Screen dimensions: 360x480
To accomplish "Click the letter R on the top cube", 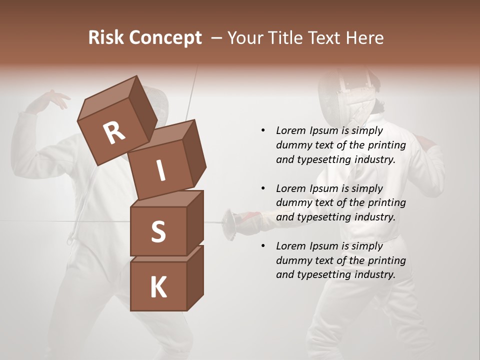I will pyautogui.click(x=114, y=133).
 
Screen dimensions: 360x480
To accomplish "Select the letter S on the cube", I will pyautogui.click(x=158, y=232).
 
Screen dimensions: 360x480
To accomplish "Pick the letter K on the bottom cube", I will pyautogui.click(x=158, y=287).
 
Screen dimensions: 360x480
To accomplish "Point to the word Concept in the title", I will pyautogui.click(x=165, y=38).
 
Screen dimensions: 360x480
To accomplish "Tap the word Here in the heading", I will pyautogui.click(x=363, y=37).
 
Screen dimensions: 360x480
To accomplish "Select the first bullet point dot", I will pyautogui.click(x=263, y=131).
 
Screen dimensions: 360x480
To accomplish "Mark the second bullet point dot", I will pyautogui.click(x=263, y=188).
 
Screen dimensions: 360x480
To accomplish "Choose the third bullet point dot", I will pyautogui.click(x=263, y=246).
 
